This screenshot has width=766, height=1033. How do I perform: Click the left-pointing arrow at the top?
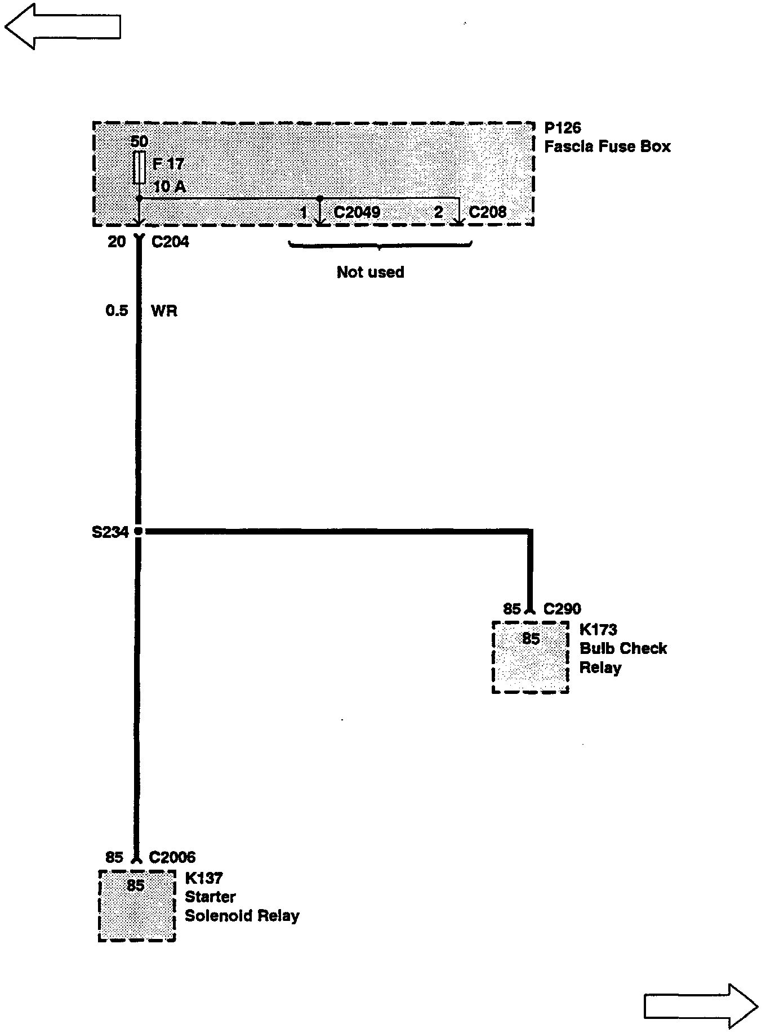pyautogui.click(x=62, y=26)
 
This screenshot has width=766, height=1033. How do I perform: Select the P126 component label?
pyautogui.click(x=562, y=128)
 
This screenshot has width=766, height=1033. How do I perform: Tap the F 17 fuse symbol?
pyautogui.click(x=139, y=167)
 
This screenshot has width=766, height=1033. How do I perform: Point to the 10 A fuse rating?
pyautogui.click(x=169, y=186)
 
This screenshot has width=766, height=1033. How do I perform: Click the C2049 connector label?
pyautogui.click(x=357, y=212)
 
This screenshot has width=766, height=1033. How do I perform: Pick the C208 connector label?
pyautogui.click(x=487, y=212)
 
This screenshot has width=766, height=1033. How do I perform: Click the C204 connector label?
pyautogui.click(x=170, y=242)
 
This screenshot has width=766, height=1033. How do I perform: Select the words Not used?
pyautogui.click(x=370, y=273)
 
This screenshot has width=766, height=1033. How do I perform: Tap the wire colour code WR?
pyautogui.click(x=164, y=311)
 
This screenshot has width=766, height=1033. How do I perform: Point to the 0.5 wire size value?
pyautogui.click(x=117, y=311)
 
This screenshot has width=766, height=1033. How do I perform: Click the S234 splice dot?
pyautogui.click(x=139, y=531)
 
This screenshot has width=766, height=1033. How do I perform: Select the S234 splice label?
pyautogui.click(x=110, y=532)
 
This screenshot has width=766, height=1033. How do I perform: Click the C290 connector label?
pyautogui.click(x=562, y=609)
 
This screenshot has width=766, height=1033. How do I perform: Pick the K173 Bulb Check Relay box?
pyautogui.click(x=530, y=657)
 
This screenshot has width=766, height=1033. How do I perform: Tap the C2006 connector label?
pyautogui.click(x=172, y=857)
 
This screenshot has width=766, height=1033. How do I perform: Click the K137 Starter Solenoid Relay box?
pyautogui.click(x=137, y=905)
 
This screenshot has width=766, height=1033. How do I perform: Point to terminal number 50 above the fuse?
pyautogui.click(x=139, y=141)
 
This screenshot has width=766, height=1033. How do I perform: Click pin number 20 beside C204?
pyautogui.click(x=117, y=242)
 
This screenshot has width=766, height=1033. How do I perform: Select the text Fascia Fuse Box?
pyautogui.click(x=607, y=147)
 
